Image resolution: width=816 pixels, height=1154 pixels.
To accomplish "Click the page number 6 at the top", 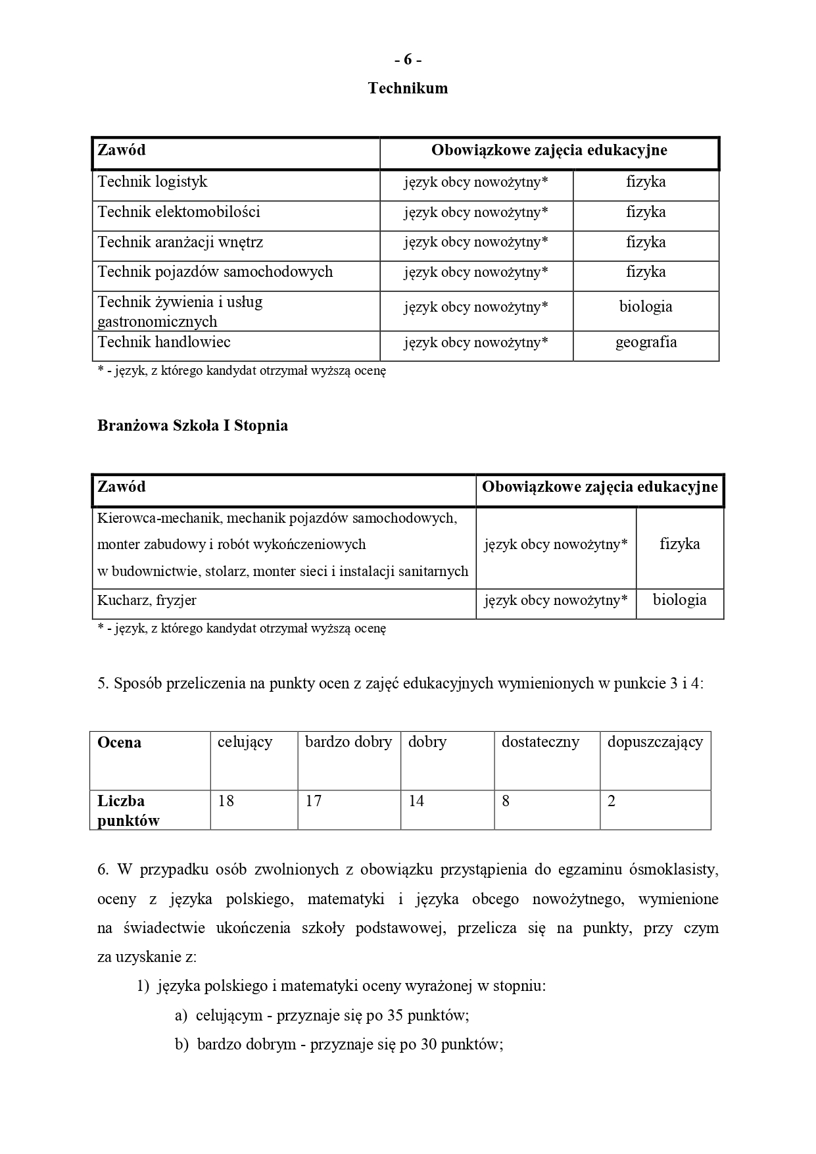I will pos(408,60).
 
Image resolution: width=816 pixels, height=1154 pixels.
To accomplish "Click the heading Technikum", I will pos(408,88).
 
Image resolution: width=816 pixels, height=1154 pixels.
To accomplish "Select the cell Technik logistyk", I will pos(153,182).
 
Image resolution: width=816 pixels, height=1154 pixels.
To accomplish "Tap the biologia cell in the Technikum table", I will pos(645,307).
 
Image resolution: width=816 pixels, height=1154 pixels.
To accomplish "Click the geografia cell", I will pos(645,343).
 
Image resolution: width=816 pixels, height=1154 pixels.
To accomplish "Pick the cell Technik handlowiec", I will pos(164,343).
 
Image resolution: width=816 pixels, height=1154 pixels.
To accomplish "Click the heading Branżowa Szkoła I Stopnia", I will pos(193,425).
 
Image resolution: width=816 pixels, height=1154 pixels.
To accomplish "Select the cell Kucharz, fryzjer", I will pos(147,600).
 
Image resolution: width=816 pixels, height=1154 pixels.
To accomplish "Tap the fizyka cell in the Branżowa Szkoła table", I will pos(679,544).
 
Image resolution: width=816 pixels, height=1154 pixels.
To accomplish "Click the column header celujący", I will pos(245,742).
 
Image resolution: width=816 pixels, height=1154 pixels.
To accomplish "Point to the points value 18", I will pos(226,802).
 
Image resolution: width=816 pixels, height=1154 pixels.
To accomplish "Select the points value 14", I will pos(416,802).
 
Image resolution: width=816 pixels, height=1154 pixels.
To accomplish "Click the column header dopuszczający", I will pos(655,742).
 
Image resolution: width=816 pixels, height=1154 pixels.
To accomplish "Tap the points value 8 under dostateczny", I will pos(506,802).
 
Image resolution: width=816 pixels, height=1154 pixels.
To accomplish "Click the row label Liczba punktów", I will pos(128,811).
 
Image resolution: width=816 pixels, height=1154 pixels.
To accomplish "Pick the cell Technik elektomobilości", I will pos(179,212).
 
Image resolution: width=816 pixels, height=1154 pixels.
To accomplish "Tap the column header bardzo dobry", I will pos(348,742).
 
